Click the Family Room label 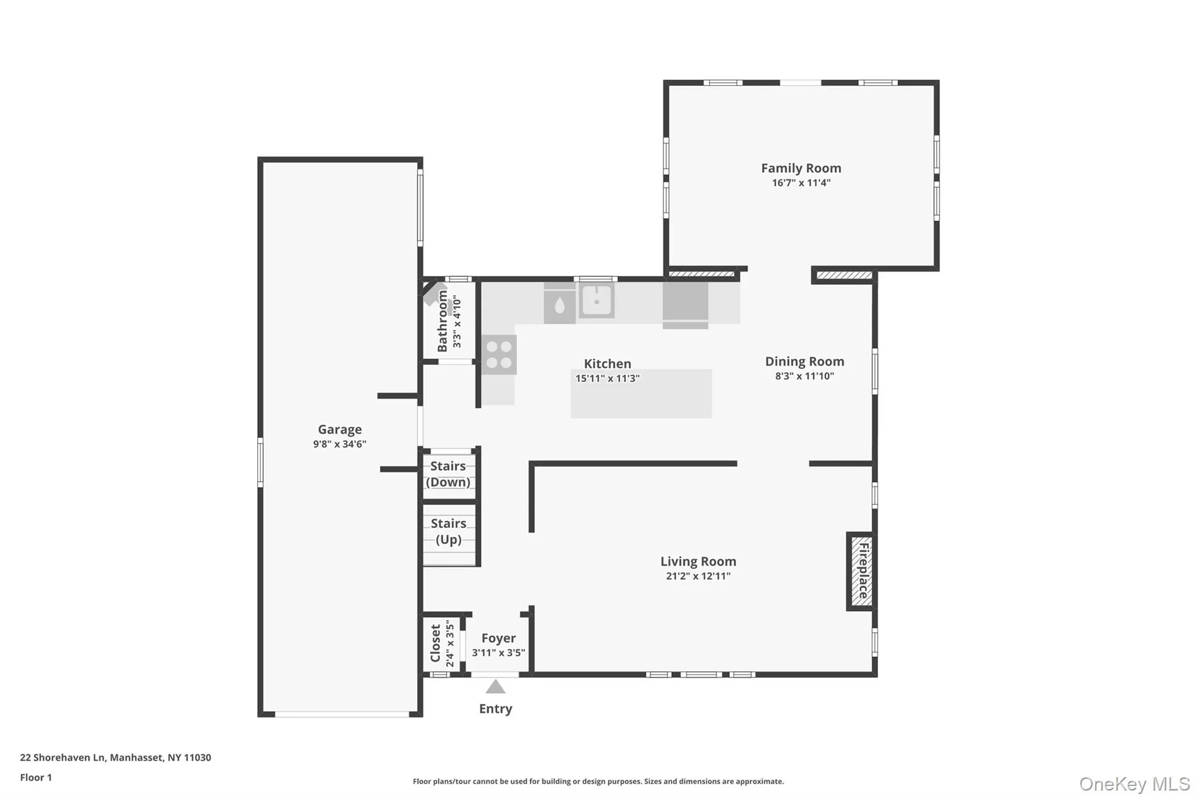pos(801,168)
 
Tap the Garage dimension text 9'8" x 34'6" pos(340,444)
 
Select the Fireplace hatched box pos(861,571)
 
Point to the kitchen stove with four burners pos(499,354)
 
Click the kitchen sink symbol pos(596,301)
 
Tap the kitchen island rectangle pos(641,394)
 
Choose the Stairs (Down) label pos(448,474)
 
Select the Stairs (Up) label pos(448,531)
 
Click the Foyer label pos(499,638)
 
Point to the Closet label pos(435,643)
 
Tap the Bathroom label pos(442,321)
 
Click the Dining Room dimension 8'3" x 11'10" pos(804,376)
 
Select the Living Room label pos(698,562)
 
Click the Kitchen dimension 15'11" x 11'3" pos(607,378)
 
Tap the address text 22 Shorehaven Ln pos(63,757)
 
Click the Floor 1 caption pos(36,777)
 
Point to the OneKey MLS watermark pos(1134,784)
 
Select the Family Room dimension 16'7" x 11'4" pos(801,183)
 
